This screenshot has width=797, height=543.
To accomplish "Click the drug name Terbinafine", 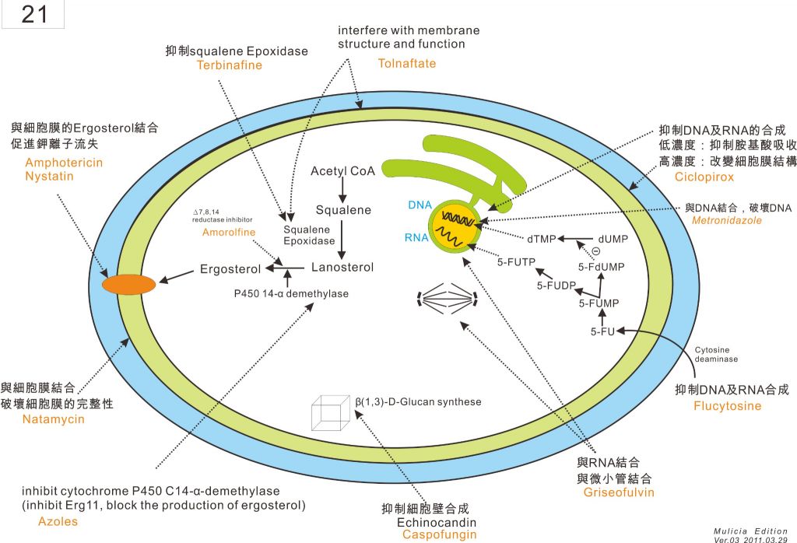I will [x=230, y=65].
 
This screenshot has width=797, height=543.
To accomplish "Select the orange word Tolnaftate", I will [x=406, y=63].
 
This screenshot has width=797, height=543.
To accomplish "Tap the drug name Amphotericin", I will [x=64, y=163].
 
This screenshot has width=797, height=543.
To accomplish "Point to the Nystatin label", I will [x=50, y=176].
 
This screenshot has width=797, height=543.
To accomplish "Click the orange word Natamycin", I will [x=53, y=419].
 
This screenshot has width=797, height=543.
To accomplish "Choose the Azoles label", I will [x=58, y=521].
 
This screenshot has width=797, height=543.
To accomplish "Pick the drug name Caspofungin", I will [x=439, y=534].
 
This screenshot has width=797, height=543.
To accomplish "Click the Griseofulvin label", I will [x=618, y=492].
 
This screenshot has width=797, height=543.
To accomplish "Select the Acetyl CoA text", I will [x=342, y=171].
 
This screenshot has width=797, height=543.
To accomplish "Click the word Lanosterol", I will [x=342, y=267].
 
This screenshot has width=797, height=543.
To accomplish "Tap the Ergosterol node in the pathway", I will [x=230, y=270].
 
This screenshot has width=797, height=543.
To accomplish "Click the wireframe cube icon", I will [x=328, y=412].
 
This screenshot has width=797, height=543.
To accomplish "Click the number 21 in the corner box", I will [x=34, y=15].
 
